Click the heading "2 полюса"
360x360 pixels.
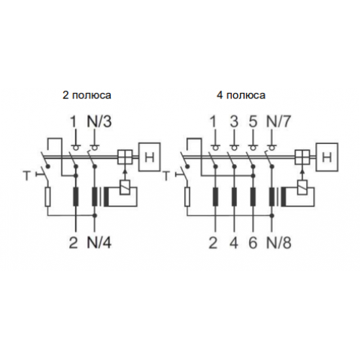point(87,95)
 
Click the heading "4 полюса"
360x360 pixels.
point(241,95)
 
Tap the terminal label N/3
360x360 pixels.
point(99,122)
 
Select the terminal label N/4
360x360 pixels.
point(99,243)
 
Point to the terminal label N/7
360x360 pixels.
point(279,122)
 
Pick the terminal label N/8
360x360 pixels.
point(279,243)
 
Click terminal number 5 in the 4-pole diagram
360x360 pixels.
point(253,122)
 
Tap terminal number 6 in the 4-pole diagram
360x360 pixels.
point(253,243)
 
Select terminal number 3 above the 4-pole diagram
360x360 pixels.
point(234,122)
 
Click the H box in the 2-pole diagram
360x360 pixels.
point(150,157)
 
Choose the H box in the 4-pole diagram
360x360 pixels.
point(327,157)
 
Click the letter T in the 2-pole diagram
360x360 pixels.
point(27,176)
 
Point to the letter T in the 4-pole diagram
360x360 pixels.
point(166,176)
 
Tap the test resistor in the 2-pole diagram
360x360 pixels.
point(48,197)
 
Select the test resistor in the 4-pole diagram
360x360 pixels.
point(187,197)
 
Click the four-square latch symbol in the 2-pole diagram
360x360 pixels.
point(125,157)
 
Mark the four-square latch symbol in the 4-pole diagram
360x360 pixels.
point(302,157)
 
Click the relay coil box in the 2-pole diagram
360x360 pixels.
point(125,186)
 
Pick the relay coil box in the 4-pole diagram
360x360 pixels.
point(302,186)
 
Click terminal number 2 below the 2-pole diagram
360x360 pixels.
point(73,243)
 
